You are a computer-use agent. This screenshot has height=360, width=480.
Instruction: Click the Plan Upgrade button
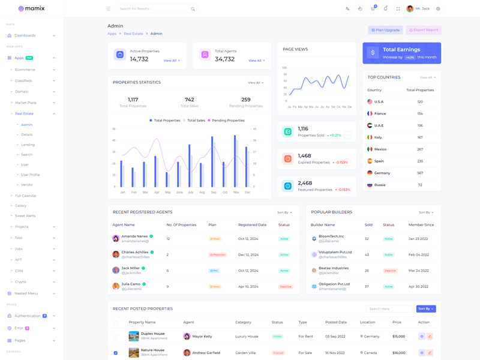point(385,30)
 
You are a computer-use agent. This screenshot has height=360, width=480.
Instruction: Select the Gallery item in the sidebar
point(21,206)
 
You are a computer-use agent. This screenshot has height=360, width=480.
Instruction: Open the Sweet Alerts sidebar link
point(25,216)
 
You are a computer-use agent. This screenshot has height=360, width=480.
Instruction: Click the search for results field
point(153,9)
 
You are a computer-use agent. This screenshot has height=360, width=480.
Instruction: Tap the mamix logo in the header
point(32,9)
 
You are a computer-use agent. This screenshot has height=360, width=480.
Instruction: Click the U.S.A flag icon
point(370,102)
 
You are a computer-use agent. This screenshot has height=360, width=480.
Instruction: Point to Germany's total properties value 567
point(420,173)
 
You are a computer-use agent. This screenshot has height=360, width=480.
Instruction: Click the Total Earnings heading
point(401,50)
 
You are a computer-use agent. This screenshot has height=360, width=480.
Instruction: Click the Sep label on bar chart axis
point(214,193)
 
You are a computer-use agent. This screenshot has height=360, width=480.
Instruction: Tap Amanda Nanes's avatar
point(116,239)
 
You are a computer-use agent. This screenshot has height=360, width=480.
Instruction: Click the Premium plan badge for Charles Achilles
point(217,255)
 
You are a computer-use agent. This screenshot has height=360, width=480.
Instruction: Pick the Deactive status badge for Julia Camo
point(286,287)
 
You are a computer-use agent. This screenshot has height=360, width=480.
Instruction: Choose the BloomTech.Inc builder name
point(331,236)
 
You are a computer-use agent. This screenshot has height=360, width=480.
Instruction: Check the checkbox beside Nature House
point(116,353)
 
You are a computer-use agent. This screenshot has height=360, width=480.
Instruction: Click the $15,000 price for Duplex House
point(398,337)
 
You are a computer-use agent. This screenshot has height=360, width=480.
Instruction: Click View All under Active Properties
point(171,61)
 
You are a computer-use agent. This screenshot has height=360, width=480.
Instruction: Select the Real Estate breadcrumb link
point(133,34)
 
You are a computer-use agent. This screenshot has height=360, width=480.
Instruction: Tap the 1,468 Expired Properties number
point(304,155)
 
